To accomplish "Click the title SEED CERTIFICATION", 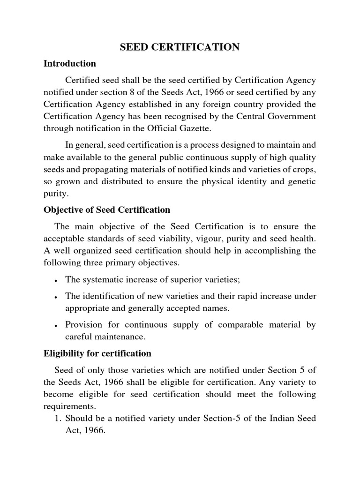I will point(180,47).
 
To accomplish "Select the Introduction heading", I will point(70,63).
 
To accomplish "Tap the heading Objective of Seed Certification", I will point(107,210).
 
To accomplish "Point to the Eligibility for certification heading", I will point(97,353).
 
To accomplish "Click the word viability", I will point(164,238).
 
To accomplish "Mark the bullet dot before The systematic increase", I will point(56,281).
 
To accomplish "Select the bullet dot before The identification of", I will point(56,297).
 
